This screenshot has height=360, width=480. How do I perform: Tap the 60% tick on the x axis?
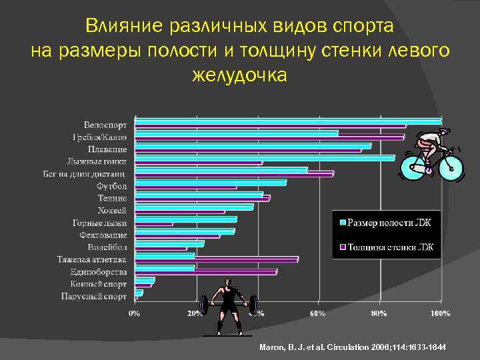click(317, 312)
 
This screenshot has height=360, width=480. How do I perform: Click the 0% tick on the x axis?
click(134, 312)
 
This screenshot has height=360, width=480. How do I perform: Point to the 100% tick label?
click(439, 312)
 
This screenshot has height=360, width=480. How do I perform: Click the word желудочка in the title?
click(239, 75)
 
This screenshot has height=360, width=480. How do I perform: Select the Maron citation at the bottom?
click(353, 348)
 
